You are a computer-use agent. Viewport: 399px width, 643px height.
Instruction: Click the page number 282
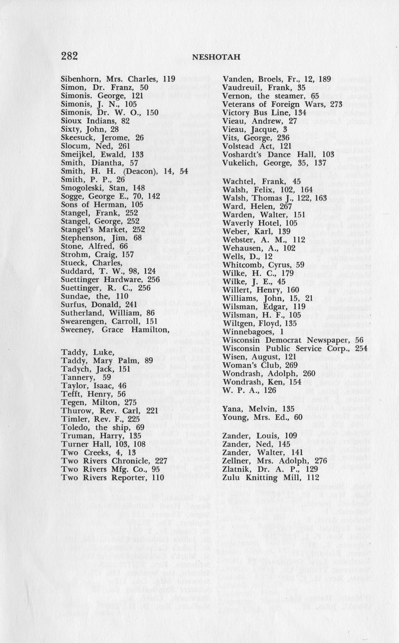(x=69, y=56)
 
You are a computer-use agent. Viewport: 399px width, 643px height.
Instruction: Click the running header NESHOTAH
(x=209, y=57)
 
